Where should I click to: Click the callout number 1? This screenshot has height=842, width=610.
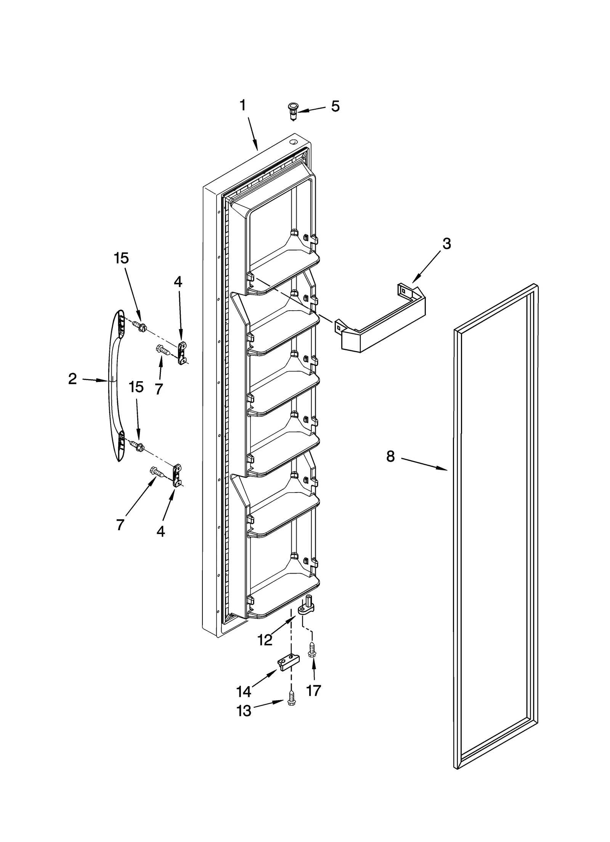(243, 106)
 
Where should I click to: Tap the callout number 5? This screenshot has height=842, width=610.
(335, 107)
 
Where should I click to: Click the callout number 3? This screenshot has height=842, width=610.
(446, 244)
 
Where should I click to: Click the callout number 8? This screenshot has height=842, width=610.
(390, 456)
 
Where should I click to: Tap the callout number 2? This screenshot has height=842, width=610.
(72, 379)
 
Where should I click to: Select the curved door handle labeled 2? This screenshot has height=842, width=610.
(115, 385)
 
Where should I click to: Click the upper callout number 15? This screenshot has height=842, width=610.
(121, 258)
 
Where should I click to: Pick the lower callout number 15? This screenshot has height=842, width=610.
(136, 387)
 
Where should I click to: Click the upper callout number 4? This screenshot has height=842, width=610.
(178, 282)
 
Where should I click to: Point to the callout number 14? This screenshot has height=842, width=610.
(244, 691)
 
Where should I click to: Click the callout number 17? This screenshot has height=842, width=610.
(314, 690)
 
